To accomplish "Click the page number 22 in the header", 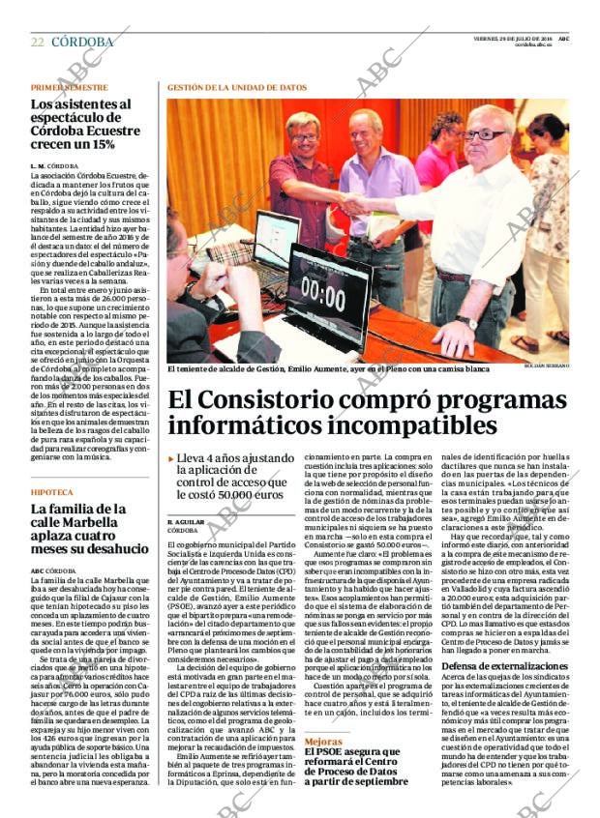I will point(37,42).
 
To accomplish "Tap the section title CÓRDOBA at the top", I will point(82,42).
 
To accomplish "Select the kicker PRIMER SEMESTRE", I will point(69,87).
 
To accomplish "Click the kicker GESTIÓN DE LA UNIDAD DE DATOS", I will point(236,87).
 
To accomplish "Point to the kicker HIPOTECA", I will point(52,492).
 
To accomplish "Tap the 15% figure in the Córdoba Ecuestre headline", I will point(100,144).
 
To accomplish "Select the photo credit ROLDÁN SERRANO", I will point(548,367).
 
